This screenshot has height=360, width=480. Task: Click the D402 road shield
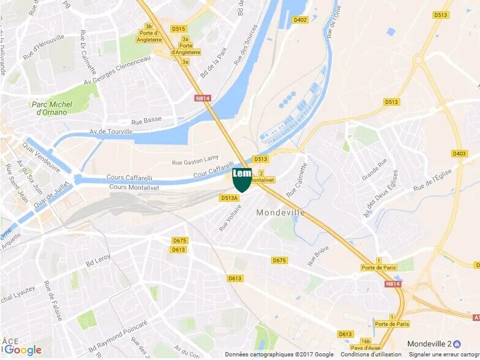(300, 20)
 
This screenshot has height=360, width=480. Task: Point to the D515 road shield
(178, 29)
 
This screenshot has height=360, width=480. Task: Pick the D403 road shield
(459, 154)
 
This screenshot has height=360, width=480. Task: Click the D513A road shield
(229, 198)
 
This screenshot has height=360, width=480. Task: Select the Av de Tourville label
(111, 131)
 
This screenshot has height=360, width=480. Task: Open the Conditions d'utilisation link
(371, 354)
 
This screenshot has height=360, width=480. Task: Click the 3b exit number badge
(148, 26)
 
